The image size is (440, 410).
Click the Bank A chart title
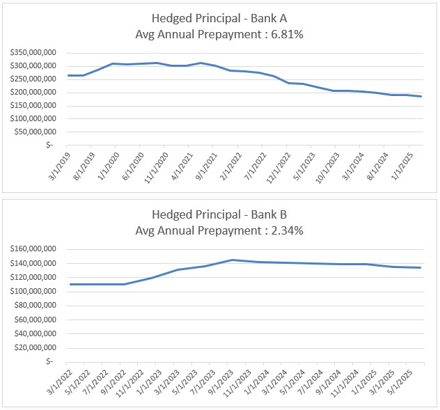click(220, 18)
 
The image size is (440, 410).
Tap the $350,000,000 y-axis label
click(39, 52)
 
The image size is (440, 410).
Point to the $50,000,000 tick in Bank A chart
click(41, 131)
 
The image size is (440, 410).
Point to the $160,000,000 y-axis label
click(39, 249)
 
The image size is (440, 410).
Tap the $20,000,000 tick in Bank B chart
click(41, 347)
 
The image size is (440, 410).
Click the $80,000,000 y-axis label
click(41, 306)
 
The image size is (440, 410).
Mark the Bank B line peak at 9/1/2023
click(232, 260)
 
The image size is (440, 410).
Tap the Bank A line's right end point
click(421, 96)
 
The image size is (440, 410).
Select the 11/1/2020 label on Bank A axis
click(164, 167)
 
